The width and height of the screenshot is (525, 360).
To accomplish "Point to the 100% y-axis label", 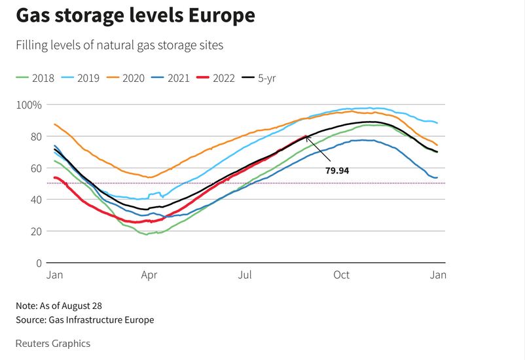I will click(x=29, y=105).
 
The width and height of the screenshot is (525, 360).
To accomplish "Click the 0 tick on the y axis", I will click(x=39, y=263).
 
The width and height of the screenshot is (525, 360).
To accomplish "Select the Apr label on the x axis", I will click(x=149, y=275).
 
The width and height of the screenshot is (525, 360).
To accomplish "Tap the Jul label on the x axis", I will click(x=245, y=275).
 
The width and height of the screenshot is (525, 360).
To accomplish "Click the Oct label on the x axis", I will click(x=342, y=275).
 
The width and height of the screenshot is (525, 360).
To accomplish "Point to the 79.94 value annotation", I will click(x=340, y=170).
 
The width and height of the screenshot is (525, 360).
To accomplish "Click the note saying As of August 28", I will click(x=59, y=306).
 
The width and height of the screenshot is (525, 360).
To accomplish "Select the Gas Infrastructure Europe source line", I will click(x=85, y=320).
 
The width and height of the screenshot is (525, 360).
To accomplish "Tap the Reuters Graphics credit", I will click(x=53, y=344).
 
